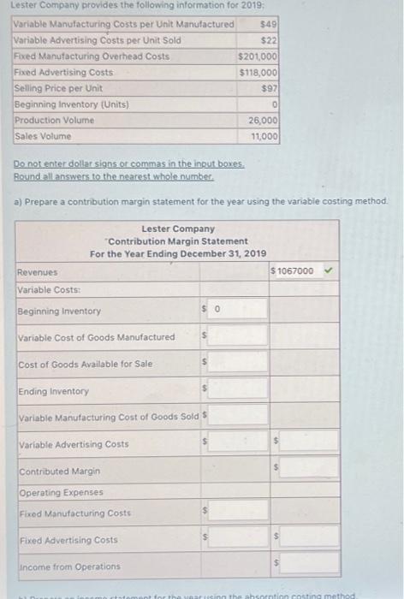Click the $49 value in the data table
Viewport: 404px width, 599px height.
[x=267, y=23]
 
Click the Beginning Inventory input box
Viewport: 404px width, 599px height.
[x=236, y=311]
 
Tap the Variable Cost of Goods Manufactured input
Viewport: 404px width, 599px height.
[x=236, y=337]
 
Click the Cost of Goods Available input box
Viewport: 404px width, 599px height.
[x=236, y=365]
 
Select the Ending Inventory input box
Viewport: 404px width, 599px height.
[x=236, y=391]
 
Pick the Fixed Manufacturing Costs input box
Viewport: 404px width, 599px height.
[x=236, y=513]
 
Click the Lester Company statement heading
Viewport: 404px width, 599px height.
[x=178, y=229]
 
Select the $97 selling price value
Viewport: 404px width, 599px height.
[x=269, y=88]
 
